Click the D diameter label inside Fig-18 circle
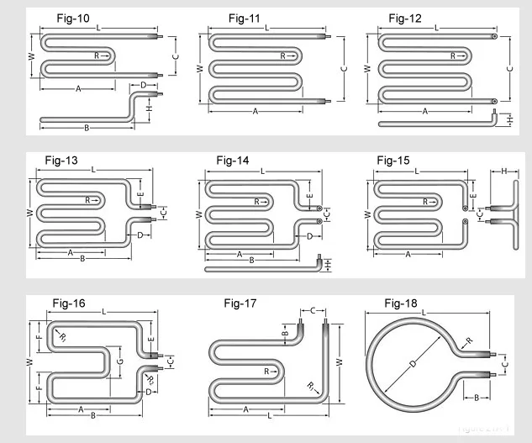[412, 365]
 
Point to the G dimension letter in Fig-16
[120, 362]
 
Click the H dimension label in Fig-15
[503, 171]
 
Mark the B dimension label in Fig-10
[87, 128]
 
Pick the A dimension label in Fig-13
[70, 251]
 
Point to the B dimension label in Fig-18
[476, 397]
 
